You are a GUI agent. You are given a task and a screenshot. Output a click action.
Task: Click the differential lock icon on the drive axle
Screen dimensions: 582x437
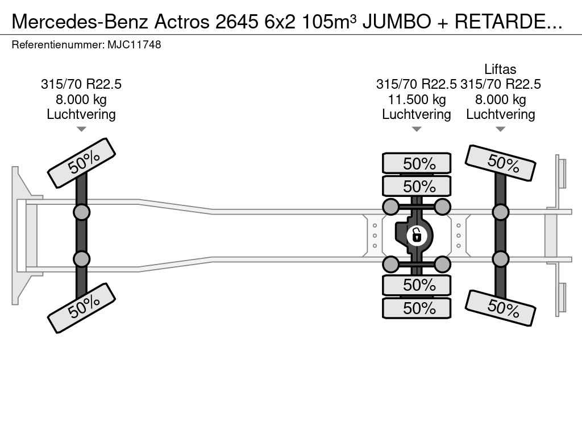(x=417, y=236)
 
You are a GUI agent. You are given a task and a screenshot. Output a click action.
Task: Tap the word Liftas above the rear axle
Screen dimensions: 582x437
(x=500, y=69)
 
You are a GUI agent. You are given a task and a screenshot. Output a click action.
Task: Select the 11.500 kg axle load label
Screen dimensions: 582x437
(x=417, y=100)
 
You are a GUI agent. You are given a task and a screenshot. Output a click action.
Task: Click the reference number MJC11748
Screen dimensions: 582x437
(x=134, y=44)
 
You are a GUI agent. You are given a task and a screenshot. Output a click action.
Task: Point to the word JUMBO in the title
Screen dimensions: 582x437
(x=396, y=22)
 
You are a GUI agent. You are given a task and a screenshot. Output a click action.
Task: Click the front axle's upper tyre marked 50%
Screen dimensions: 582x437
(x=81, y=163)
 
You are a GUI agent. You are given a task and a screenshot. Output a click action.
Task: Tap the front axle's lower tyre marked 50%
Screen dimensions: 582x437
(x=81, y=308)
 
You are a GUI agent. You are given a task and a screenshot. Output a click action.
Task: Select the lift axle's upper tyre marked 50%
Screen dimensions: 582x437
(x=500, y=163)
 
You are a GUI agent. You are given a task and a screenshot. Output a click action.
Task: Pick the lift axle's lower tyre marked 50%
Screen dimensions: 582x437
(x=500, y=308)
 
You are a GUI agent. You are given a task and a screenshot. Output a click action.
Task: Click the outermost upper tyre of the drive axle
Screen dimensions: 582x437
(x=417, y=163)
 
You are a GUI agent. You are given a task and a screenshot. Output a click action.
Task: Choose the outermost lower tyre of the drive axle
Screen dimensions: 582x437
(x=417, y=308)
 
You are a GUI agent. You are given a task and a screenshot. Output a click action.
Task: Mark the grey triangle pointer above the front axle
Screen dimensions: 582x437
(x=81, y=129)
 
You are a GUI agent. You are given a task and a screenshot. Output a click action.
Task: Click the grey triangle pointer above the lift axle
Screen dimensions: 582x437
(x=500, y=129)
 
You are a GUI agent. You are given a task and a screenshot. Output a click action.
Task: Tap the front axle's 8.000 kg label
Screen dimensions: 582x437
(x=81, y=100)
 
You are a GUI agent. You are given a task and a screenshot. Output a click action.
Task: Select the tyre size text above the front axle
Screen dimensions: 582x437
(x=81, y=84)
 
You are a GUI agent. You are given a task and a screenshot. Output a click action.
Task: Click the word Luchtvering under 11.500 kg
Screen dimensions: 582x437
(x=417, y=114)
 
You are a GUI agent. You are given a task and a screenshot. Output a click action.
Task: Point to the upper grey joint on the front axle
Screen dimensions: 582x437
(x=81, y=213)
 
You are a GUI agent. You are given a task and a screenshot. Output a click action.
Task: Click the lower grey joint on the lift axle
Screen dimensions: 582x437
(x=500, y=259)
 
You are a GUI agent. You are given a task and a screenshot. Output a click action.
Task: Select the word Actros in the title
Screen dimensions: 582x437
(x=182, y=22)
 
